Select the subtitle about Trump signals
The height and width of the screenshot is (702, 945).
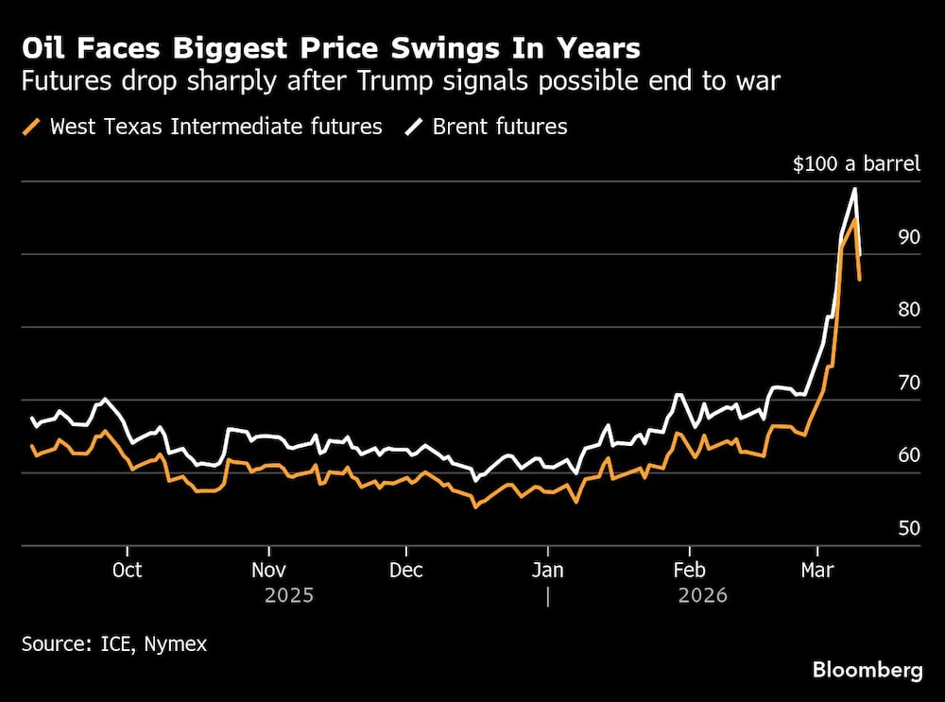point(401,81)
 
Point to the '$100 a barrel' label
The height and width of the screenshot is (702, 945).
point(855,164)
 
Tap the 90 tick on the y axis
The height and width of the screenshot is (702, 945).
point(908,237)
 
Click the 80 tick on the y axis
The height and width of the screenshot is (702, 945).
point(908,310)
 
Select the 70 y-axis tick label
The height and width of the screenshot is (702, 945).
point(908,383)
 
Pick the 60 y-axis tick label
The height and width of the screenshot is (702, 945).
point(908,455)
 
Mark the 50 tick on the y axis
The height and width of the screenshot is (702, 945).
point(908,528)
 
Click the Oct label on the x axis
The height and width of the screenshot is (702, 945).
point(127,570)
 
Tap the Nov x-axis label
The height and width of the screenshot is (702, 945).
point(269,570)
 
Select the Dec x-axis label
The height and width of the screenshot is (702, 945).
point(406,570)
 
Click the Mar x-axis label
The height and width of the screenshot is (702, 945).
point(817,570)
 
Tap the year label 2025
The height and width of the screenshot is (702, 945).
point(289,595)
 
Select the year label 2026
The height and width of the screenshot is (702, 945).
point(702,595)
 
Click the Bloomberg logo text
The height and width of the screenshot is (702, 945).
point(868,670)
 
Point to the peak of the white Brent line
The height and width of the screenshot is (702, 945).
point(854,189)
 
